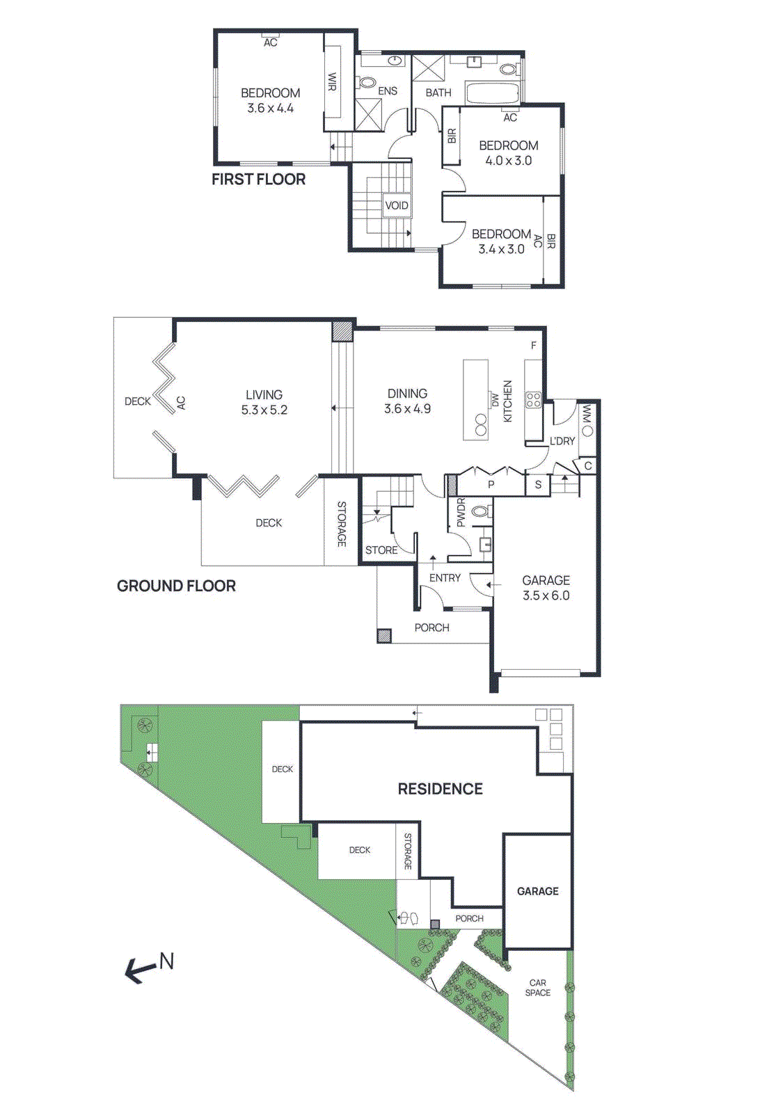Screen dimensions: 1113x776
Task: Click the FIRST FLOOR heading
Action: [x=258, y=179]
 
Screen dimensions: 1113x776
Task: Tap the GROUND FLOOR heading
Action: [x=176, y=586]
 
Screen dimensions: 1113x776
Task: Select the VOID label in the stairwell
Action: [x=396, y=205]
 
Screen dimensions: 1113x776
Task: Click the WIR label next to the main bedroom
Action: [x=332, y=82]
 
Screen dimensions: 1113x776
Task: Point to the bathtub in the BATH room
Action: [x=491, y=93]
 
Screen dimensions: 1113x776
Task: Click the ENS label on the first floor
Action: [x=388, y=91]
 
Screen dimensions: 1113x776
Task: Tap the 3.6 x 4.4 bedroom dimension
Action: [x=270, y=109]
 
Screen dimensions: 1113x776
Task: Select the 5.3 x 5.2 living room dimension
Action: [x=264, y=410]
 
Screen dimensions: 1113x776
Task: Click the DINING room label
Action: [x=407, y=394]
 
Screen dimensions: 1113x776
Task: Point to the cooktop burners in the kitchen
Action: [x=533, y=399]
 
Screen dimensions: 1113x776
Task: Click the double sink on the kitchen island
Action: [x=481, y=424]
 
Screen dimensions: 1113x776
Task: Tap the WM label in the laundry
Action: [x=587, y=415]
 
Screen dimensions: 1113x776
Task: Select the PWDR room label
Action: [x=460, y=513]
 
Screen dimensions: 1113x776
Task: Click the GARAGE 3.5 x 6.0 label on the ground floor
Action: [x=546, y=588]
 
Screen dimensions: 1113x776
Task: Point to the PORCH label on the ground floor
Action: [x=431, y=627]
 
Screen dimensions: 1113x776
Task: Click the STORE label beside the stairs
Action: [x=381, y=550]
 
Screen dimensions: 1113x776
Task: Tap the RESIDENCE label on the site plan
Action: [x=440, y=789]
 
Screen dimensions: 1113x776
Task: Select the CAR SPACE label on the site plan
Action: [x=538, y=988]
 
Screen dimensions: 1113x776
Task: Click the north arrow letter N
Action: [x=166, y=961]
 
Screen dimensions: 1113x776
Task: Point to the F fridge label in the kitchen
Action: [x=534, y=346]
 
